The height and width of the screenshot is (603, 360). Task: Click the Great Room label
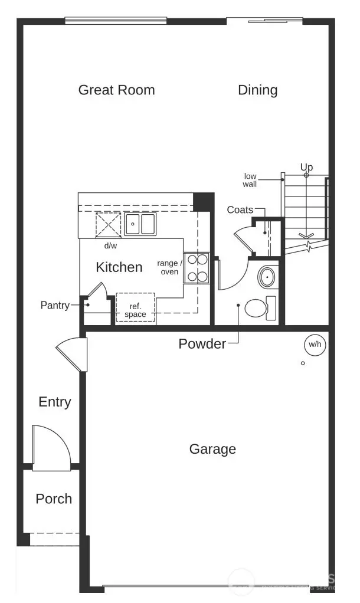click(116, 90)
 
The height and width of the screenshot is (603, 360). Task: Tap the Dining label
click(257, 90)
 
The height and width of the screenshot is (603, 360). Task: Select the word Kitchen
click(119, 267)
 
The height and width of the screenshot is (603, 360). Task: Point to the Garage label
click(212, 449)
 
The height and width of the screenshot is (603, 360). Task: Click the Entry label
click(55, 402)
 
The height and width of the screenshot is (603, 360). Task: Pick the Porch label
click(54, 499)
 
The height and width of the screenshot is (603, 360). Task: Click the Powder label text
click(202, 344)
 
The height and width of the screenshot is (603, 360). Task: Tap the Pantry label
click(55, 306)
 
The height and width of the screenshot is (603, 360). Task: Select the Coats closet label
click(240, 211)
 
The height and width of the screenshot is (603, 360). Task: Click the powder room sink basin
click(268, 276)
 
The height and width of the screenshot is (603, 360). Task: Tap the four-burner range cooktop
click(195, 267)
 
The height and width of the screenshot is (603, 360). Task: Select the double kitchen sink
click(140, 224)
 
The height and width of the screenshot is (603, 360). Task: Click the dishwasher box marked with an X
click(108, 225)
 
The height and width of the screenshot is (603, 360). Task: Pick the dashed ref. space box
click(135, 308)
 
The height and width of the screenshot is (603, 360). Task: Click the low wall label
click(250, 180)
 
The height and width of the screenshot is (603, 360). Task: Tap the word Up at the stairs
click(306, 168)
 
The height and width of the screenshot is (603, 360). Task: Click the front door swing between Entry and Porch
click(52, 448)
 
